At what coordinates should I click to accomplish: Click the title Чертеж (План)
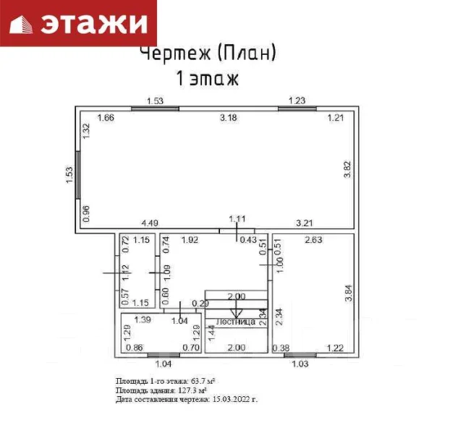coord(207,53)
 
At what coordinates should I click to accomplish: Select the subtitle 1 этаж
coord(207,77)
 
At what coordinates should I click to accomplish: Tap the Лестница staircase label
coord(236,322)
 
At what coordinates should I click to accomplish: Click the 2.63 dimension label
coord(313,239)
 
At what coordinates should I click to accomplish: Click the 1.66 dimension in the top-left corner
coord(106,117)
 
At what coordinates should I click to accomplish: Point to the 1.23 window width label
coord(297,100)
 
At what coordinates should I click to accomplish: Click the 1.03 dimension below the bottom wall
coord(299,363)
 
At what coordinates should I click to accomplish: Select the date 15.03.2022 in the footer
coord(234,398)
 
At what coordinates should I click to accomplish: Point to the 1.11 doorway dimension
coord(238,218)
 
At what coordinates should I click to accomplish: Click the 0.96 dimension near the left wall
coord(86,213)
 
